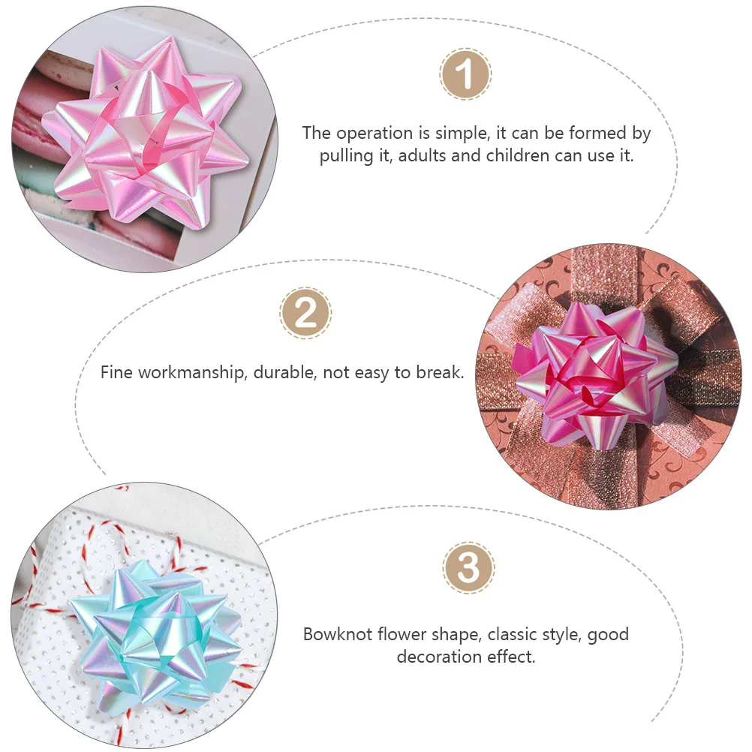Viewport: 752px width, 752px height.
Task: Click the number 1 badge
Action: pos(465,74)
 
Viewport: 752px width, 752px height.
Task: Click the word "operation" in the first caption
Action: pos(373,134)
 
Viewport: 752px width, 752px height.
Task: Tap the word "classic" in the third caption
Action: pos(513,634)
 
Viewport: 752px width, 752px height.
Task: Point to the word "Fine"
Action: pos(116,371)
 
